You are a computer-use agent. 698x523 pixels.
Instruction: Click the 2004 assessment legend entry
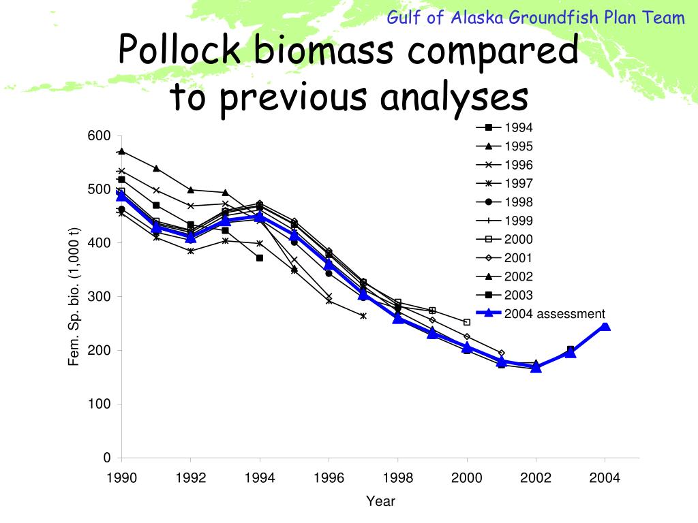(541, 313)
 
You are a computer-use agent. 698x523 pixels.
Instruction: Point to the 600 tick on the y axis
(99, 136)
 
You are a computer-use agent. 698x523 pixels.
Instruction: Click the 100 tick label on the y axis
(99, 404)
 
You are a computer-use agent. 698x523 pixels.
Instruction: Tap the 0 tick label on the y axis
(107, 458)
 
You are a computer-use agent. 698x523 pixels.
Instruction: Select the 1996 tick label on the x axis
(329, 478)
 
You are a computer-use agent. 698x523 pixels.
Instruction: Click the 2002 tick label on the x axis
(536, 478)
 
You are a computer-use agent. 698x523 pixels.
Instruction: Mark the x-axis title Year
(380, 501)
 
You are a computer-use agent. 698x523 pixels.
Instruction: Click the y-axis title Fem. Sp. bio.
(74, 297)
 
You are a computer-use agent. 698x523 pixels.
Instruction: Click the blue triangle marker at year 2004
(605, 326)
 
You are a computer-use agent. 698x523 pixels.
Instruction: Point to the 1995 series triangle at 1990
(121, 152)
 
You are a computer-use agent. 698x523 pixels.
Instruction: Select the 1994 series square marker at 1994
(260, 258)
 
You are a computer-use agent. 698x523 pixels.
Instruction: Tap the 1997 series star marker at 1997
(363, 316)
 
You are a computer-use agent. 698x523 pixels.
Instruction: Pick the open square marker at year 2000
(467, 322)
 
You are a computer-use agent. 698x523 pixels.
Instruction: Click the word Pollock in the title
(179, 49)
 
